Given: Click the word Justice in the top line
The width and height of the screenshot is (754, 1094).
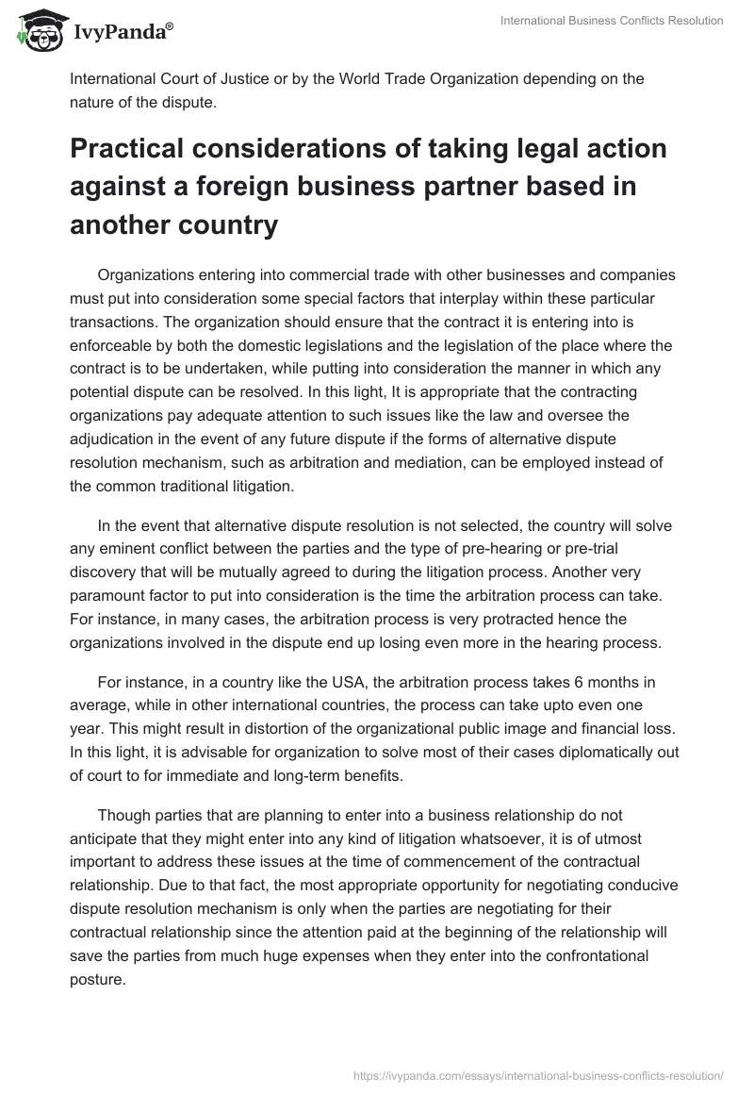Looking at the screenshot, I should (244, 78).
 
